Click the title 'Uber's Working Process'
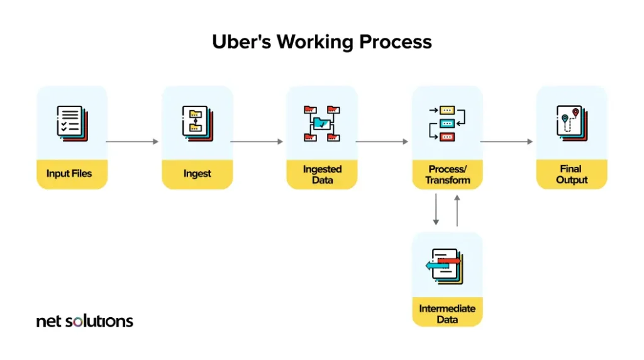[x=322, y=42]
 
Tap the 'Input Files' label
[x=69, y=174]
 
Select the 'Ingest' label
[x=197, y=174]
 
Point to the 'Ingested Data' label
[x=322, y=174]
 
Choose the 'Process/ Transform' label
[x=447, y=174]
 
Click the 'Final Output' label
[x=571, y=174]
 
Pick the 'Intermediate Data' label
[x=447, y=314]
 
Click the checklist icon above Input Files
[x=72, y=123]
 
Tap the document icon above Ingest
[x=197, y=123]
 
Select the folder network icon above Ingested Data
[x=322, y=123]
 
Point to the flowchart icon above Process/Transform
[x=447, y=123]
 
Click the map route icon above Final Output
[x=571, y=122]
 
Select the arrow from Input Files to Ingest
[x=133, y=142]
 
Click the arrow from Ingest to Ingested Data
[x=257, y=142]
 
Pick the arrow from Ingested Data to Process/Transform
[x=382, y=142]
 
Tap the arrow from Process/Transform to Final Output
[x=507, y=142]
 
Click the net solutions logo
[x=85, y=321]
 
